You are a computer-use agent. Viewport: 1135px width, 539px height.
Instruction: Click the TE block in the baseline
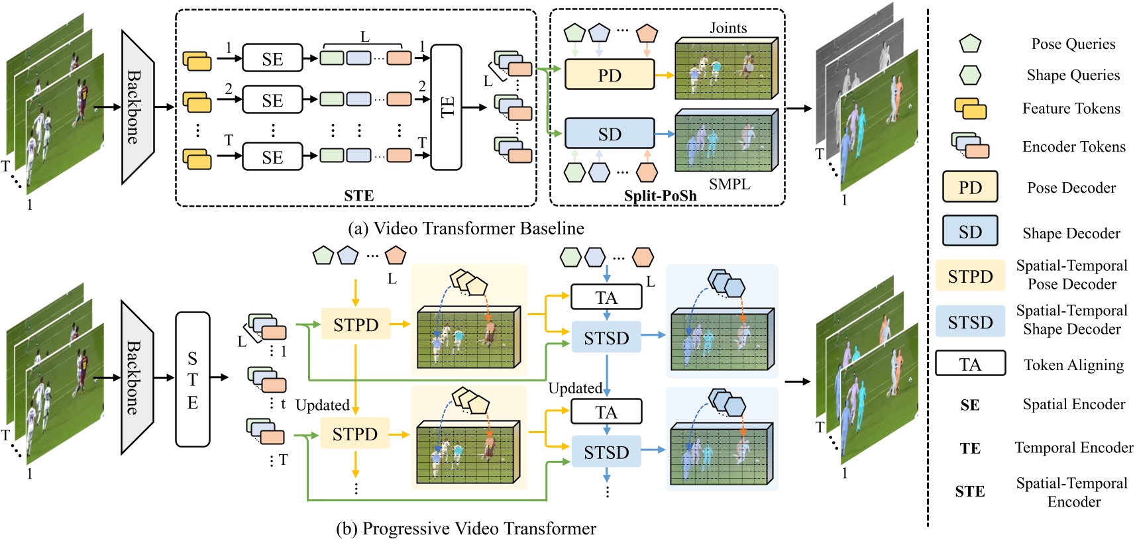pos(446,107)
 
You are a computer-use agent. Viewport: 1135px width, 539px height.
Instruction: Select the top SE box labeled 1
pos(272,58)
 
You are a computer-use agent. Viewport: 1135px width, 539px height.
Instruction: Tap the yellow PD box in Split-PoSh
pos(609,75)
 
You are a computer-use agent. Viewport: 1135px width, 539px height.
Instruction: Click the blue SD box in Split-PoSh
pos(609,134)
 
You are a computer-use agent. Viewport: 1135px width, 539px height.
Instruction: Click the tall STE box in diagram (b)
pos(192,379)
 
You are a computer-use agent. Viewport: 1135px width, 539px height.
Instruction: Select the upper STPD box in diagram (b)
pos(356,324)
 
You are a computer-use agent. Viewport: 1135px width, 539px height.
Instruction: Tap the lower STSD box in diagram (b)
pos(606,452)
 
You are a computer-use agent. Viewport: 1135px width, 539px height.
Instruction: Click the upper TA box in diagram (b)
pos(606,297)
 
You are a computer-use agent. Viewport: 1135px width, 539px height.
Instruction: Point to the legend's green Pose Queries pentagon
pos(970,44)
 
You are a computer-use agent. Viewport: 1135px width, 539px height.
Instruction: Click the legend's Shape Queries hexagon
pos(970,75)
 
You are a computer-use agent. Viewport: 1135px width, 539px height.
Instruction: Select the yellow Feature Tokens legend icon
pos(970,109)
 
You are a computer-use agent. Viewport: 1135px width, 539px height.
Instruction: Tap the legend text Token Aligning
pos(1073,365)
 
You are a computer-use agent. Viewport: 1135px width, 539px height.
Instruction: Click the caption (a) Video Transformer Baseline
pos(466,228)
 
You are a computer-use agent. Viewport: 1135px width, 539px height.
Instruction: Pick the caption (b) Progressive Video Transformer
pos(466,528)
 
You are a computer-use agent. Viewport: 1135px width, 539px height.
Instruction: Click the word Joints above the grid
pos(728,28)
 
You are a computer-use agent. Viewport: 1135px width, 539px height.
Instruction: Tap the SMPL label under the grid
pos(730,184)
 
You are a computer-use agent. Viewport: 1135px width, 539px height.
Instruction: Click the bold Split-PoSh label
pos(660,196)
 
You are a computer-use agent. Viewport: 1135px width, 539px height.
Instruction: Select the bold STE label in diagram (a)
pos(358,196)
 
